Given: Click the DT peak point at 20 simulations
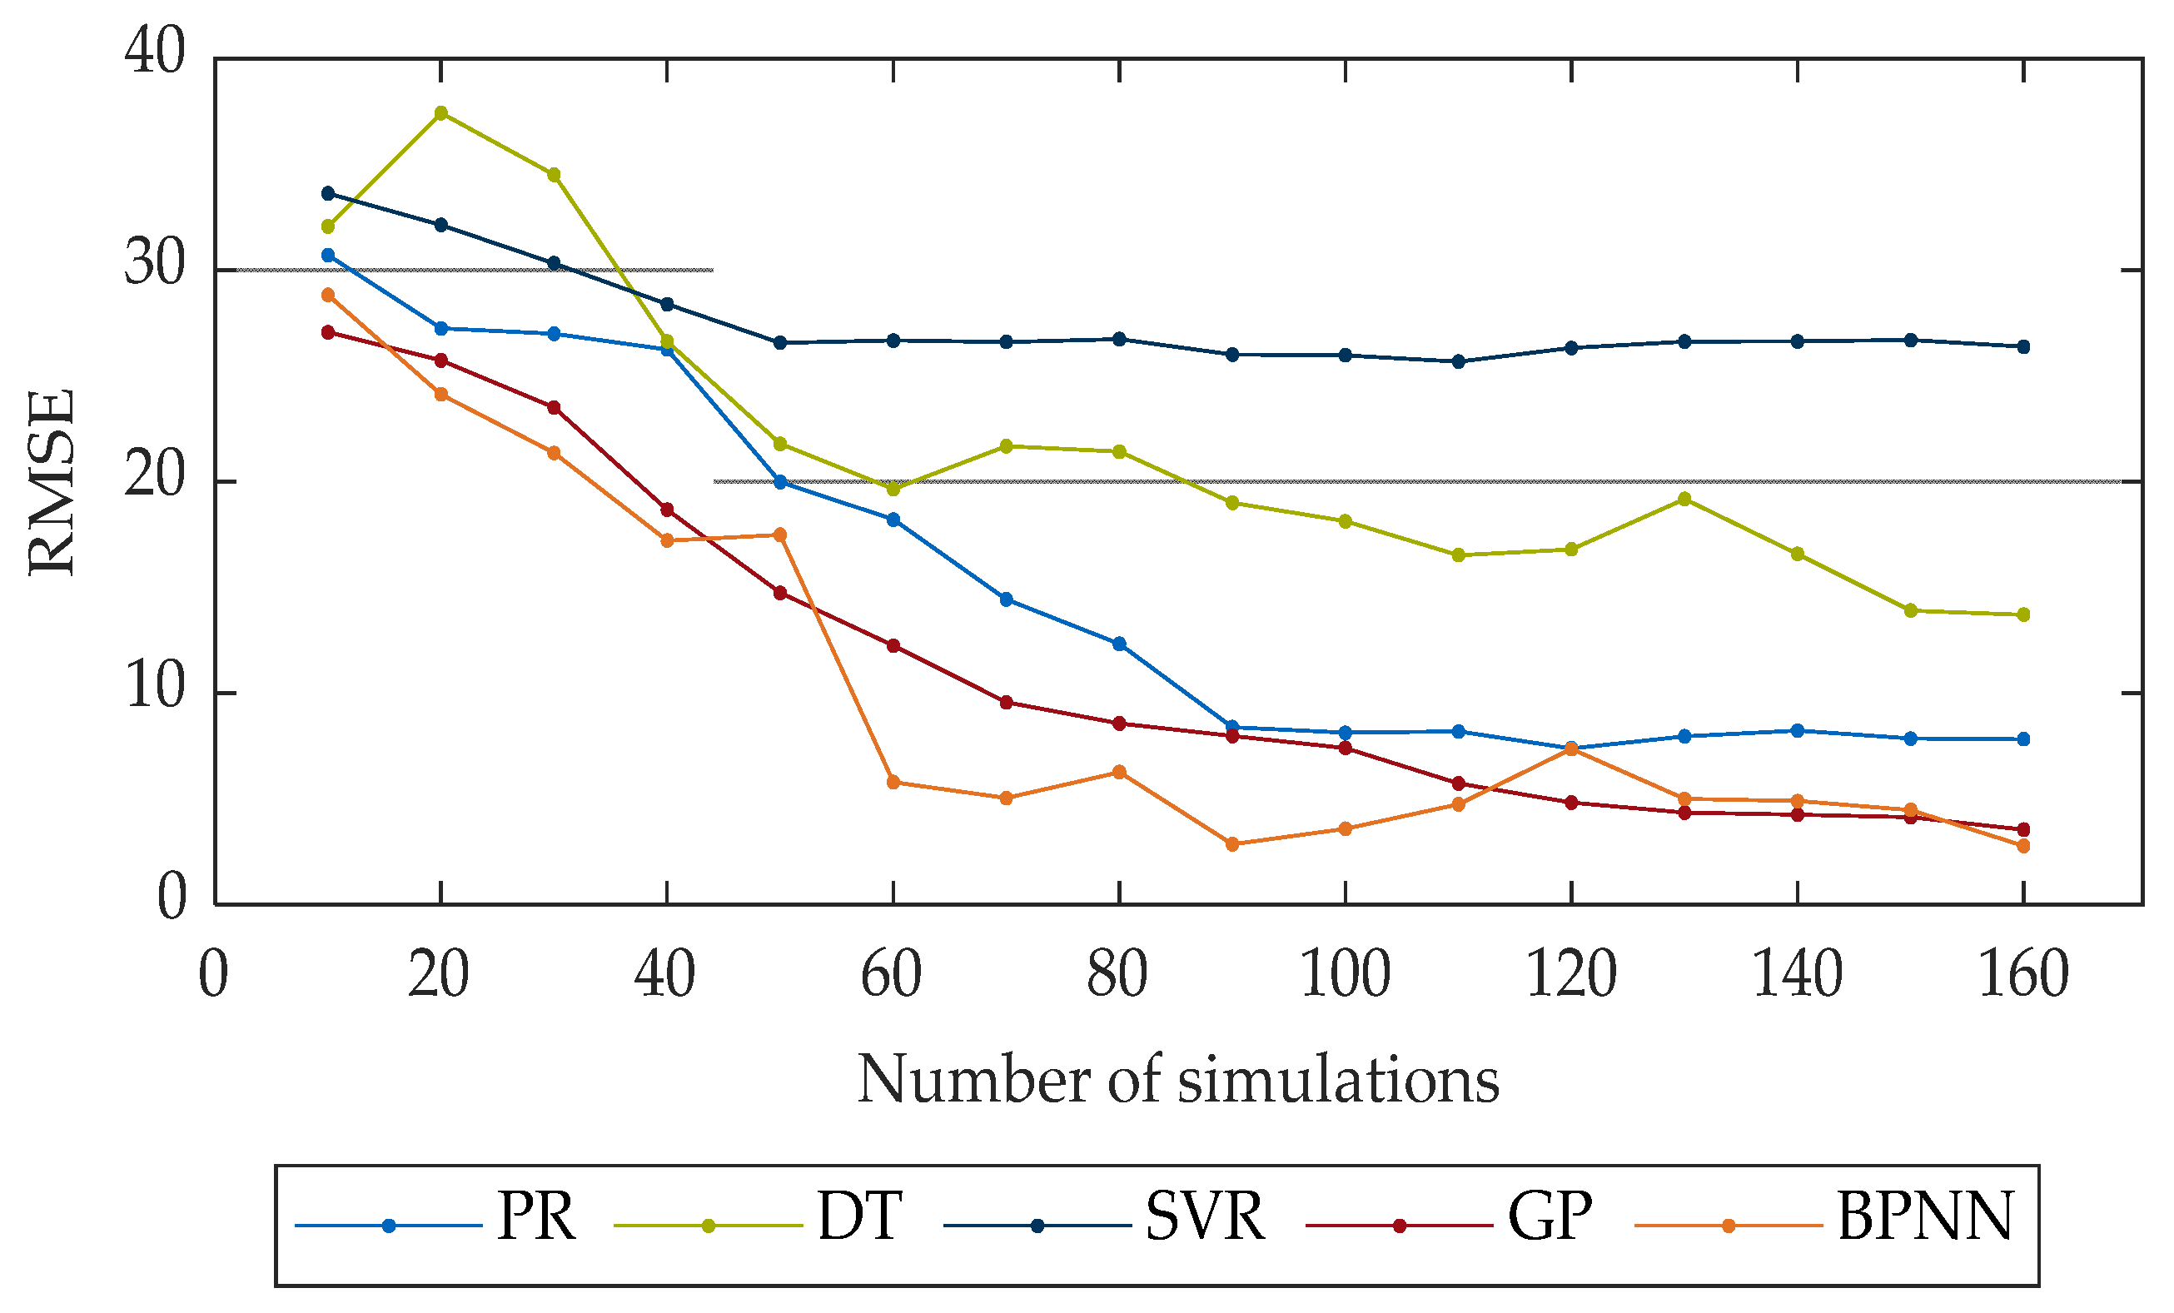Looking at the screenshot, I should click(x=441, y=113).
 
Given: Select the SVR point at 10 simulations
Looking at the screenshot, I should click(x=328, y=193).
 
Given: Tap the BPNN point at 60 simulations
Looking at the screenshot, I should click(x=893, y=783).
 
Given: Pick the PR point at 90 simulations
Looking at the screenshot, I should click(x=1232, y=727).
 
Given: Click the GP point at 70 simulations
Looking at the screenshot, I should click(x=1006, y=703).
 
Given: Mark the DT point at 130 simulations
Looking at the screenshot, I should click(x=1684, y=500).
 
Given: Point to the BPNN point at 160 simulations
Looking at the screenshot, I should click(x=2023, y=846).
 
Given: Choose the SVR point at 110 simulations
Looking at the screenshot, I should click(x=1459, y=362).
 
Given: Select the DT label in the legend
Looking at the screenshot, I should click(x=859, y=1218).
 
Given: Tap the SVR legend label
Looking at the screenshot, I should click(x=1204, y=1218).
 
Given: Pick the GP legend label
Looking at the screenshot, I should click(x=1550, y=1218).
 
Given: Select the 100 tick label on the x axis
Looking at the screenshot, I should click(x=1345, y=976).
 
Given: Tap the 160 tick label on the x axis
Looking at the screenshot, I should click(x=2023, y=976).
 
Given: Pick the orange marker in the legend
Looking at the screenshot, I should click(x=1729, y=1226).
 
